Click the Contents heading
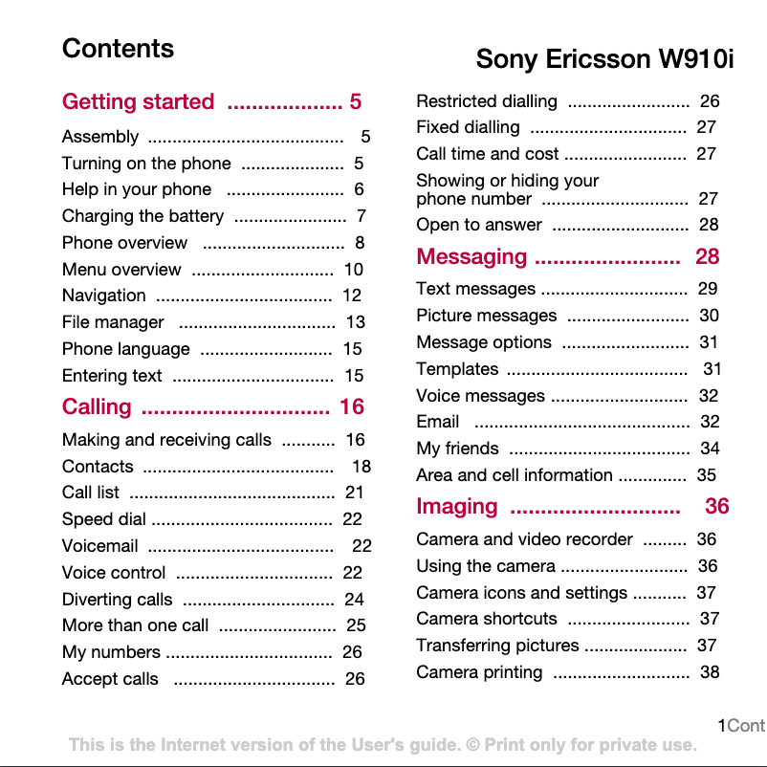point(118,49)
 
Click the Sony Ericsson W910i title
point(604,59)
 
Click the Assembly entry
point(100,137)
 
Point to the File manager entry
point(113,322)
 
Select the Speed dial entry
point(104,519)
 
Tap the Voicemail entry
point(100,546)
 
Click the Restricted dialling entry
point(487,101)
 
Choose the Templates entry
point(457,369)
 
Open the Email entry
point(438,422)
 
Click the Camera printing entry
point(479,672)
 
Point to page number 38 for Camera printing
point(710,672)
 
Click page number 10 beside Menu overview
point(353,270)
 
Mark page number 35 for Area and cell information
point(706,475)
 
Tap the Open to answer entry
point(479,225)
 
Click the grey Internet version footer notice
point(383,745)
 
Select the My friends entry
point(457,449)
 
